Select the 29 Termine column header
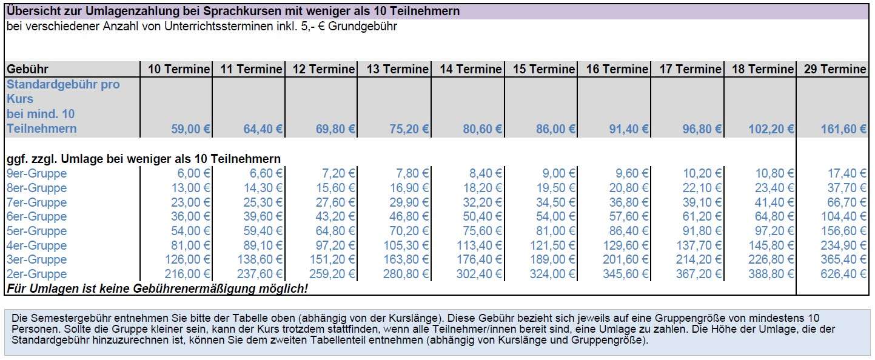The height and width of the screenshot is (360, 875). point(835,70)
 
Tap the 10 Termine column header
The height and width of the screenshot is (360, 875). point(179,70)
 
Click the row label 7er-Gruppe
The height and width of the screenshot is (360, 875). point(36,202)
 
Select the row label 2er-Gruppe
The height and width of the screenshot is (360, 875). point(36,274)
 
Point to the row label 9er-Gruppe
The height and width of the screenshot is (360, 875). point(36,173)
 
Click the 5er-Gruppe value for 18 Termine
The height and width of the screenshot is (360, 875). point(773,231)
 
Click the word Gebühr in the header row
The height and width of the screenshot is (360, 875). point(27,70)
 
